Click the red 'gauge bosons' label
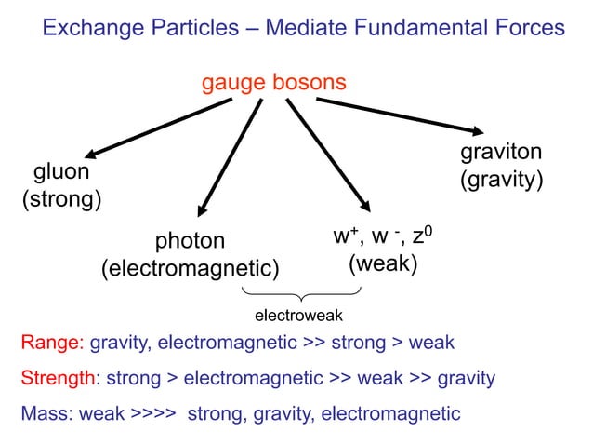[x=274, y=83]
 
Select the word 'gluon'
[x=61, y=172]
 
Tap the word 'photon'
[x=190, y=241]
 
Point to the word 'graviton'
[x=502, y=153]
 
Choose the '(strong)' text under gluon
[x=61, y=199]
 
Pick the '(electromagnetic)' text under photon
[x=190, y=269]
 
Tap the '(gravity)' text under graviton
[x=502, y=180]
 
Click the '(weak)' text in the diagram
[x=382, y=263]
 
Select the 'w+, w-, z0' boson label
[x=382, y=236]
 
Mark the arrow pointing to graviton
[x=400, y=115]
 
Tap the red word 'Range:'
[x=52, y=343]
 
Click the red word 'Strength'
[x=59, y=378]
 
